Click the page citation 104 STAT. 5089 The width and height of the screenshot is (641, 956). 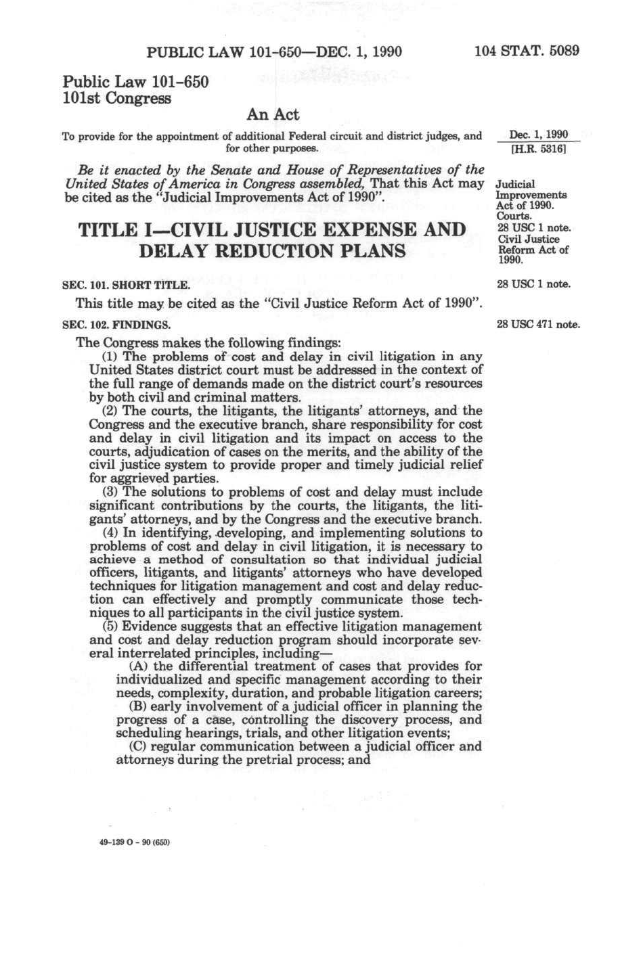[527, 51]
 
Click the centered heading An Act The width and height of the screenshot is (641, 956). [273, 114]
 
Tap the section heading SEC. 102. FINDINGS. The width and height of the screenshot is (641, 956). [116, 325]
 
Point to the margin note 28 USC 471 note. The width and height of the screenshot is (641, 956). [538, 325]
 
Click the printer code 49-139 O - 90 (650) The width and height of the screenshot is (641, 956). [134, 842]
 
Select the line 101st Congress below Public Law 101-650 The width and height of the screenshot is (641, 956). [116, 99]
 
